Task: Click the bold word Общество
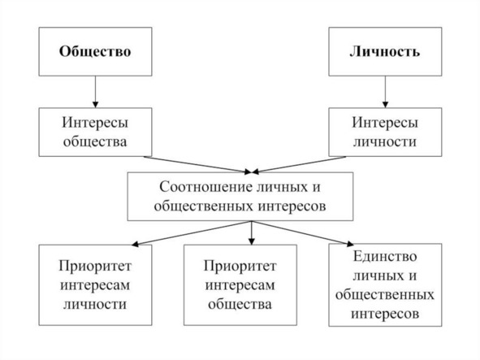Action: click(95, 51)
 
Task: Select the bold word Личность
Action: click(385, 51)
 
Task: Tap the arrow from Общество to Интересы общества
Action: click(95, 92)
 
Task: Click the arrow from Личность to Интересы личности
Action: click(385, 92)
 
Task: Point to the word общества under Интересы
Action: click(95, 142)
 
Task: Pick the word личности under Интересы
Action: click(385, 142)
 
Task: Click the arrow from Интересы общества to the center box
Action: click(197, 165)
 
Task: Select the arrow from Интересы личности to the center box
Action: click(299, 165)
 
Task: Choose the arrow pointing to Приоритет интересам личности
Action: click(192, 233)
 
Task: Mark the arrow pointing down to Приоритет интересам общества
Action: click(251, 233)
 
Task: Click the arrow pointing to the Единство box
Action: click(302, 233)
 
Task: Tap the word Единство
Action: click(385, 257)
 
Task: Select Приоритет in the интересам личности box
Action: click(95, 266)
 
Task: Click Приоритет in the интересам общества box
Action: click(240, 266)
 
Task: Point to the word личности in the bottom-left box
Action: click(95, 304)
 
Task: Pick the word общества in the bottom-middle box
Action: click(240, 304)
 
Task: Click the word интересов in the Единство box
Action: click(385, 314)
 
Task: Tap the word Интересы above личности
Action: click(385, 123)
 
